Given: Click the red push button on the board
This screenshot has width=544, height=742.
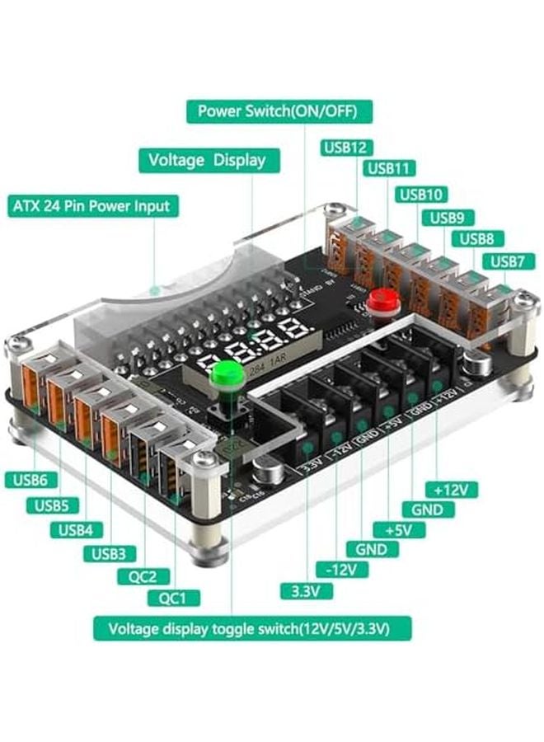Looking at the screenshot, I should (381, 300).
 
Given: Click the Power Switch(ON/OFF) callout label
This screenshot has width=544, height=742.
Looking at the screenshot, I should (279, 111).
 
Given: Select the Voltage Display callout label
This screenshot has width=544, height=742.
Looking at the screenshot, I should (209, 159).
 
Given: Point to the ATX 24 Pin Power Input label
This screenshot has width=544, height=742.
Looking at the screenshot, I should (92, 205).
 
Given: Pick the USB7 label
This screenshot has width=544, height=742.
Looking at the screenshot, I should (513, 261).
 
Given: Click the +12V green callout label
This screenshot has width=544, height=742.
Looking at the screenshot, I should (452, 490).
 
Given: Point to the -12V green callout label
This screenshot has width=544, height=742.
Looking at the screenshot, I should (341, 570).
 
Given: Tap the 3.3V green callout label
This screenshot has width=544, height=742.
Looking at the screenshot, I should (307, 591).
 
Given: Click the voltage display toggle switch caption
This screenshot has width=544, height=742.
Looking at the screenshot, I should (252, 628).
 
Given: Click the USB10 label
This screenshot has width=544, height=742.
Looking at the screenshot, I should (421, 195).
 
